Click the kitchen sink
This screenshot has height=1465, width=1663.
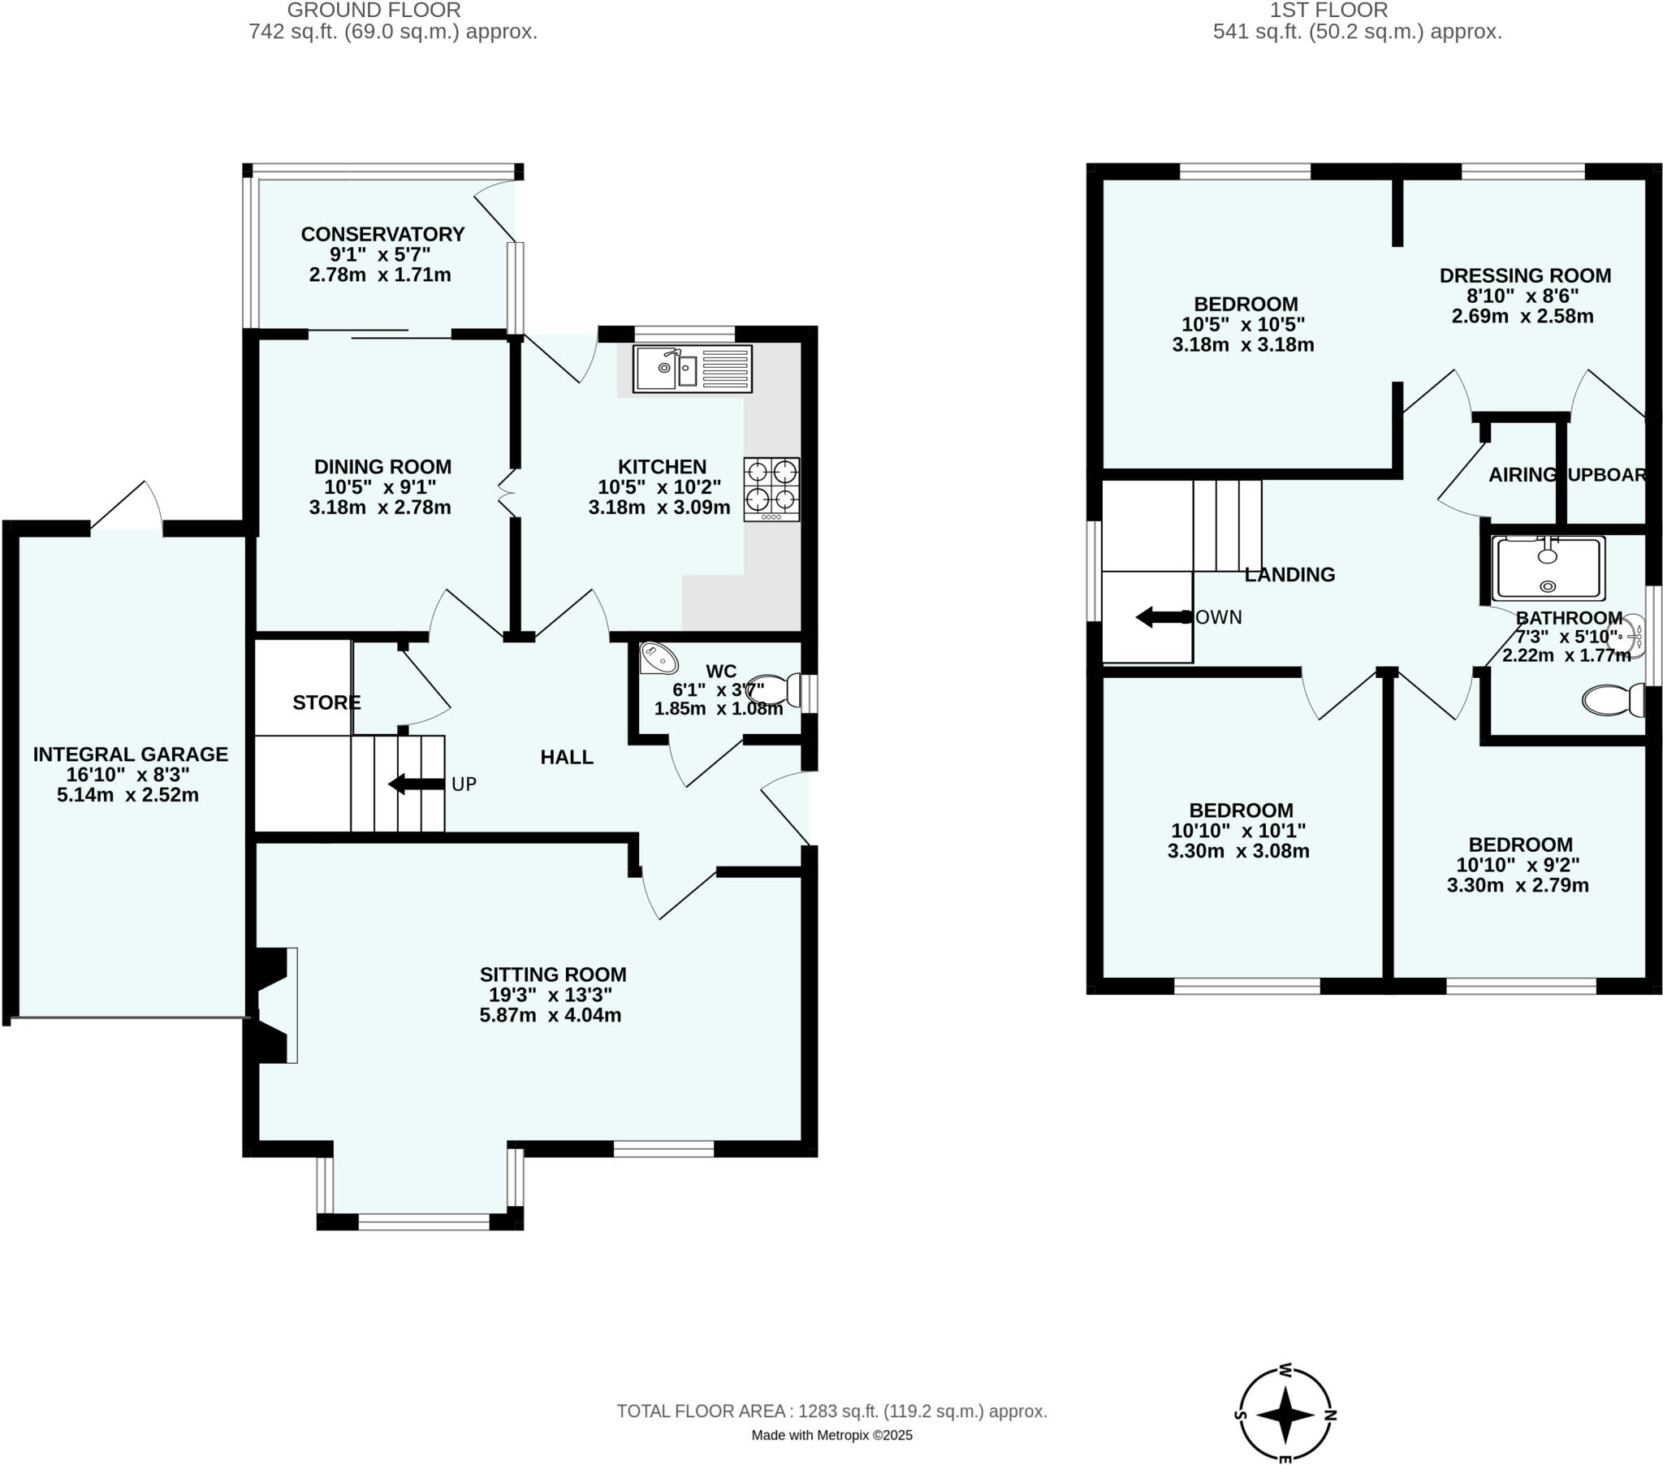point(693,369)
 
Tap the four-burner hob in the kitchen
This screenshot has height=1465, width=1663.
point(771,488)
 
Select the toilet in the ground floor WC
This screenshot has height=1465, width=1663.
point(774,689)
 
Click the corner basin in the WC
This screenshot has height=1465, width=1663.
point(657,658)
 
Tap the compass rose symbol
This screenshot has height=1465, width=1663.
point(1285,1415)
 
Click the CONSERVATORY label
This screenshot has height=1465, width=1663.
point(382,235)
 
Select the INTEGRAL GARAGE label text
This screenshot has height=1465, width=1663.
point(130,754)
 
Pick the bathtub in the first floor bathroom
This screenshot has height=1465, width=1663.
point(1548,568)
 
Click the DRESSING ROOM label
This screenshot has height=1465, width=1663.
point(1525,276)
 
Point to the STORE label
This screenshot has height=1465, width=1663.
point(326,702)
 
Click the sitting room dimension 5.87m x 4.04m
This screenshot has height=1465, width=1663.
point(550,1015)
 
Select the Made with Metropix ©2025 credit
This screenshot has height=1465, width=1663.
point(831,1435)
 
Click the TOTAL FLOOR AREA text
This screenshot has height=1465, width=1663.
point(831,1411)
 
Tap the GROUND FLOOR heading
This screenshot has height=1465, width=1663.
point(374,11)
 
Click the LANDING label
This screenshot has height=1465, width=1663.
point(1289,575)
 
